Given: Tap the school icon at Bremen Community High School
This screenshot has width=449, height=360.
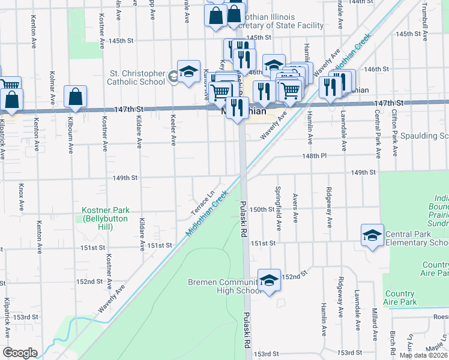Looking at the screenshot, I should coord(269,280).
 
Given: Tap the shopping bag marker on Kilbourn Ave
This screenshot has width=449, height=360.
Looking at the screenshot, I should coord(76,96).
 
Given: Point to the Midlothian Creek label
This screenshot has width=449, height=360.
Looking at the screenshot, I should coord(208,212).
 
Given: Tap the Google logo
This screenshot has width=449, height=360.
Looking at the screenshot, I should coord(20,353).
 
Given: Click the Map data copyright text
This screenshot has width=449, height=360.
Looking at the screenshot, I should coord(424,355).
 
